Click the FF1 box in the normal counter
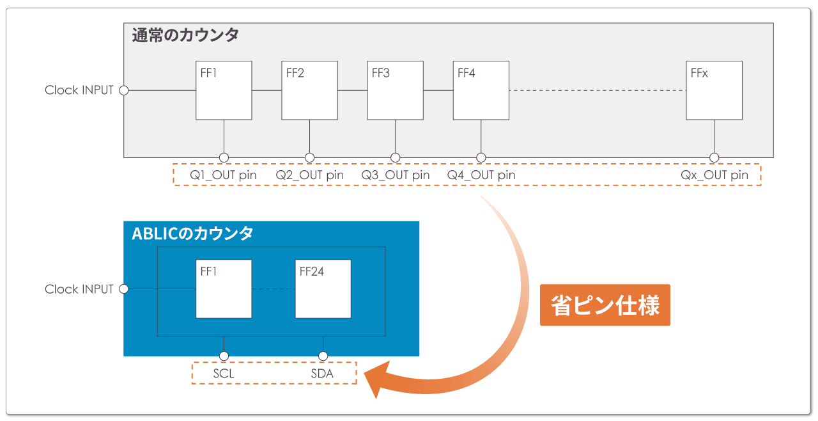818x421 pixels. [224, 90]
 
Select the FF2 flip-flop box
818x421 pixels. [309, 90]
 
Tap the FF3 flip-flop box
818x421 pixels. [395, 90]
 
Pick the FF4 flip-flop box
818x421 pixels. [481, 90]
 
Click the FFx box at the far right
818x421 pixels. [714, 90]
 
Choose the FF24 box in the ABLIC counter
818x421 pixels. [323, 289]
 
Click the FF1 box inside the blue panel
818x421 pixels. [224, 289]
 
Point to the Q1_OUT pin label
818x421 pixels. [223, 175]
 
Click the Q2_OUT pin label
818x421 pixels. [309, 175]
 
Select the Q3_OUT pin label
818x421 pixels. [395, 175]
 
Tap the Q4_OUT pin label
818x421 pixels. [481, 175]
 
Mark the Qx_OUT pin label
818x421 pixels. [714, 175]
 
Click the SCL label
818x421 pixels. [224, 373]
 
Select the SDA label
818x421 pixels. [322, 373]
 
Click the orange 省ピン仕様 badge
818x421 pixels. [605, 305]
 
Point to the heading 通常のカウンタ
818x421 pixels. [185, 36]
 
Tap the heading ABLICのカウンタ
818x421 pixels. [192, 234]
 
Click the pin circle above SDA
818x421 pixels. [323, 356]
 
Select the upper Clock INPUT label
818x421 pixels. [79, 90]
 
